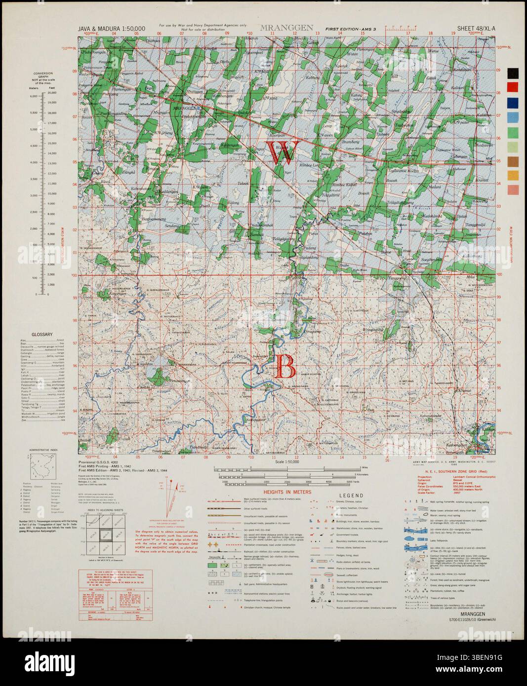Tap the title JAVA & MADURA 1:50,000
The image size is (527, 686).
(x=112, y=29)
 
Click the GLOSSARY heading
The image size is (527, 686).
(x=42, y=335)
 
